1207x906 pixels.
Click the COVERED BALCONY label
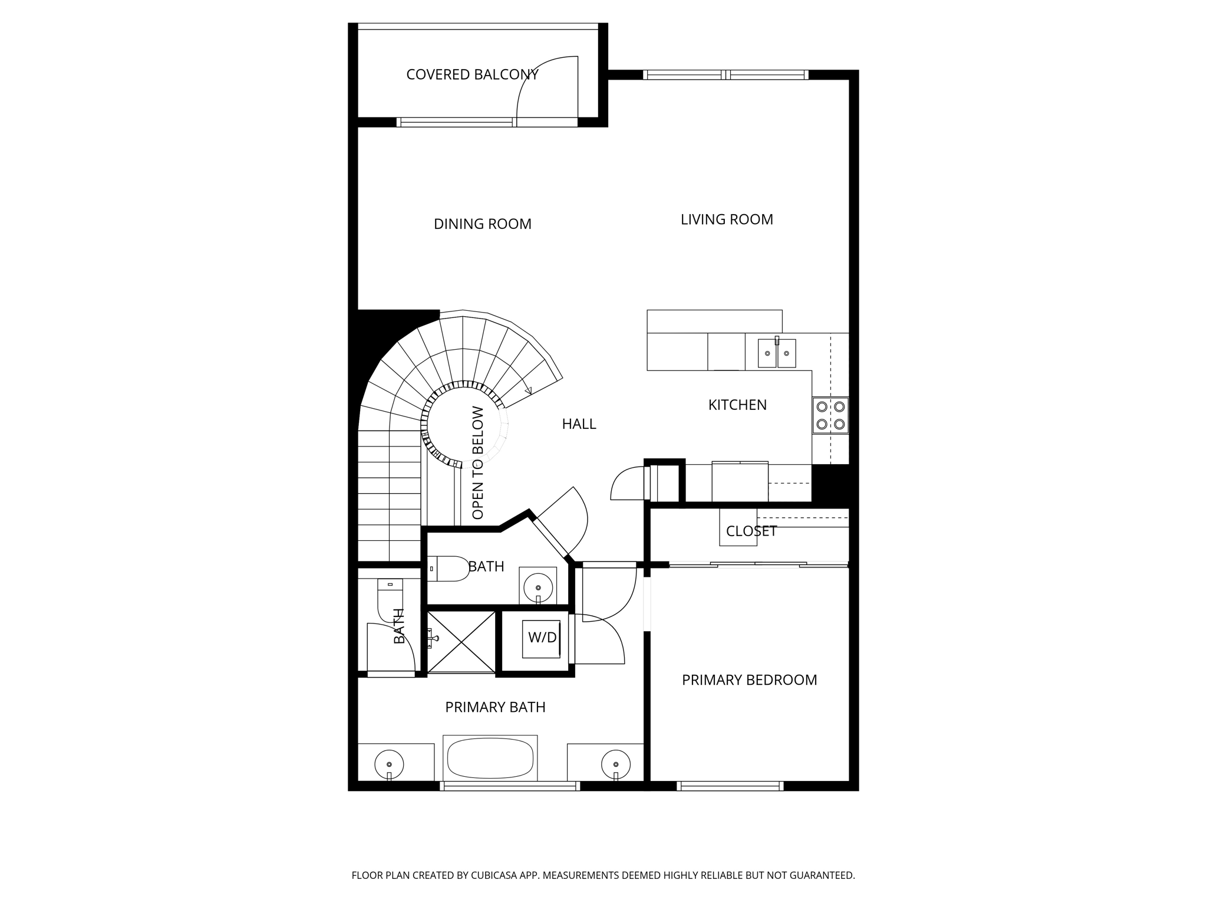click(x=472, y=75)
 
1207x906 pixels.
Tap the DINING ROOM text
click(x=482, y=224)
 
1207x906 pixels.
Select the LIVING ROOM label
click(x=726, y=219)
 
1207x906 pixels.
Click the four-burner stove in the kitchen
click(x=830, y=415)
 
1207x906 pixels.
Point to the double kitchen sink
click(x=776, y=353)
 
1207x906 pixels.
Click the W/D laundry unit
click(x=541, y=638)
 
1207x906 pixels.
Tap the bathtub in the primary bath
click(x=490, y=759)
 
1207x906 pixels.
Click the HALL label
click(x=579, y=424)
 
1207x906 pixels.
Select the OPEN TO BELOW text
click(x=478, y=463)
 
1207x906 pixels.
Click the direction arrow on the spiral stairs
click(x=528, y=390)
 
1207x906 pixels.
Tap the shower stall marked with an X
click(x=461, y=642)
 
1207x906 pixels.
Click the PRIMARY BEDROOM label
click(x=749, y=680)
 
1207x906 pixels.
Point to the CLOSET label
click(x=751, y=531)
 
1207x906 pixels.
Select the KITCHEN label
click(x=737, y=405)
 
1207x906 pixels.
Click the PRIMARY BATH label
click(x=495, y=707)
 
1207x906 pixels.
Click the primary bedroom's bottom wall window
click(x=730, y=786)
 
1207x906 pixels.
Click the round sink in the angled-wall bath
click(x=537, y=587)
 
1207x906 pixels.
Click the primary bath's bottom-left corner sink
click(x=389, y=765)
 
